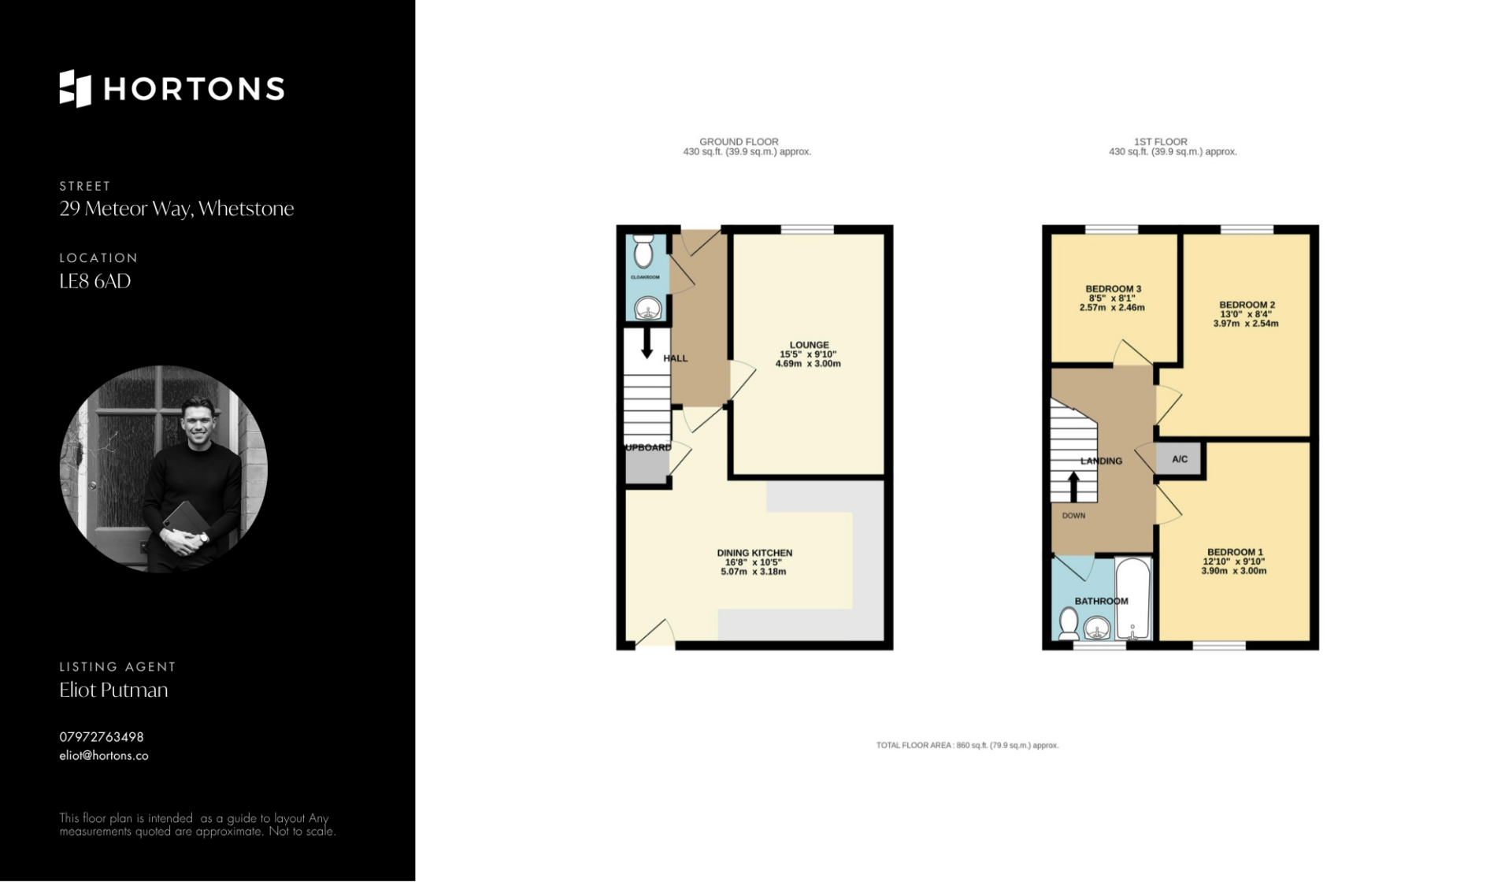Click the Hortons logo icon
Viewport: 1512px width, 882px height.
pos(76,88)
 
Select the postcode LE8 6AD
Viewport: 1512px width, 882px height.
pos(95,281)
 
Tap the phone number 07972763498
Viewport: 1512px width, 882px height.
pos(102,737)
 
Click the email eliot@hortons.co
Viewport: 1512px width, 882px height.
pos(104,756)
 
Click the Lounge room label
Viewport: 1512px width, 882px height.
pos(810,345)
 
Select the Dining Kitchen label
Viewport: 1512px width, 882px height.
pos(754,553)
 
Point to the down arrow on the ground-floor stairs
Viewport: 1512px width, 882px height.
pos(647,343)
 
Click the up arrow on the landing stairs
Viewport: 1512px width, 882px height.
pos(1073,487)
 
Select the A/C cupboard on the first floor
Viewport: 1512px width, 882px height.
pos(1179,459)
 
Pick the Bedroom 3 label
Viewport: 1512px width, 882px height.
pos(1113,289)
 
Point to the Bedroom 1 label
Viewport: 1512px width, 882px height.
pos(1235,552)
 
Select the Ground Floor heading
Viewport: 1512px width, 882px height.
pos(739,142)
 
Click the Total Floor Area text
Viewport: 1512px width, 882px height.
pos(967,745)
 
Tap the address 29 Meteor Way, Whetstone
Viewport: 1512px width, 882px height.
pos(176,209)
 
